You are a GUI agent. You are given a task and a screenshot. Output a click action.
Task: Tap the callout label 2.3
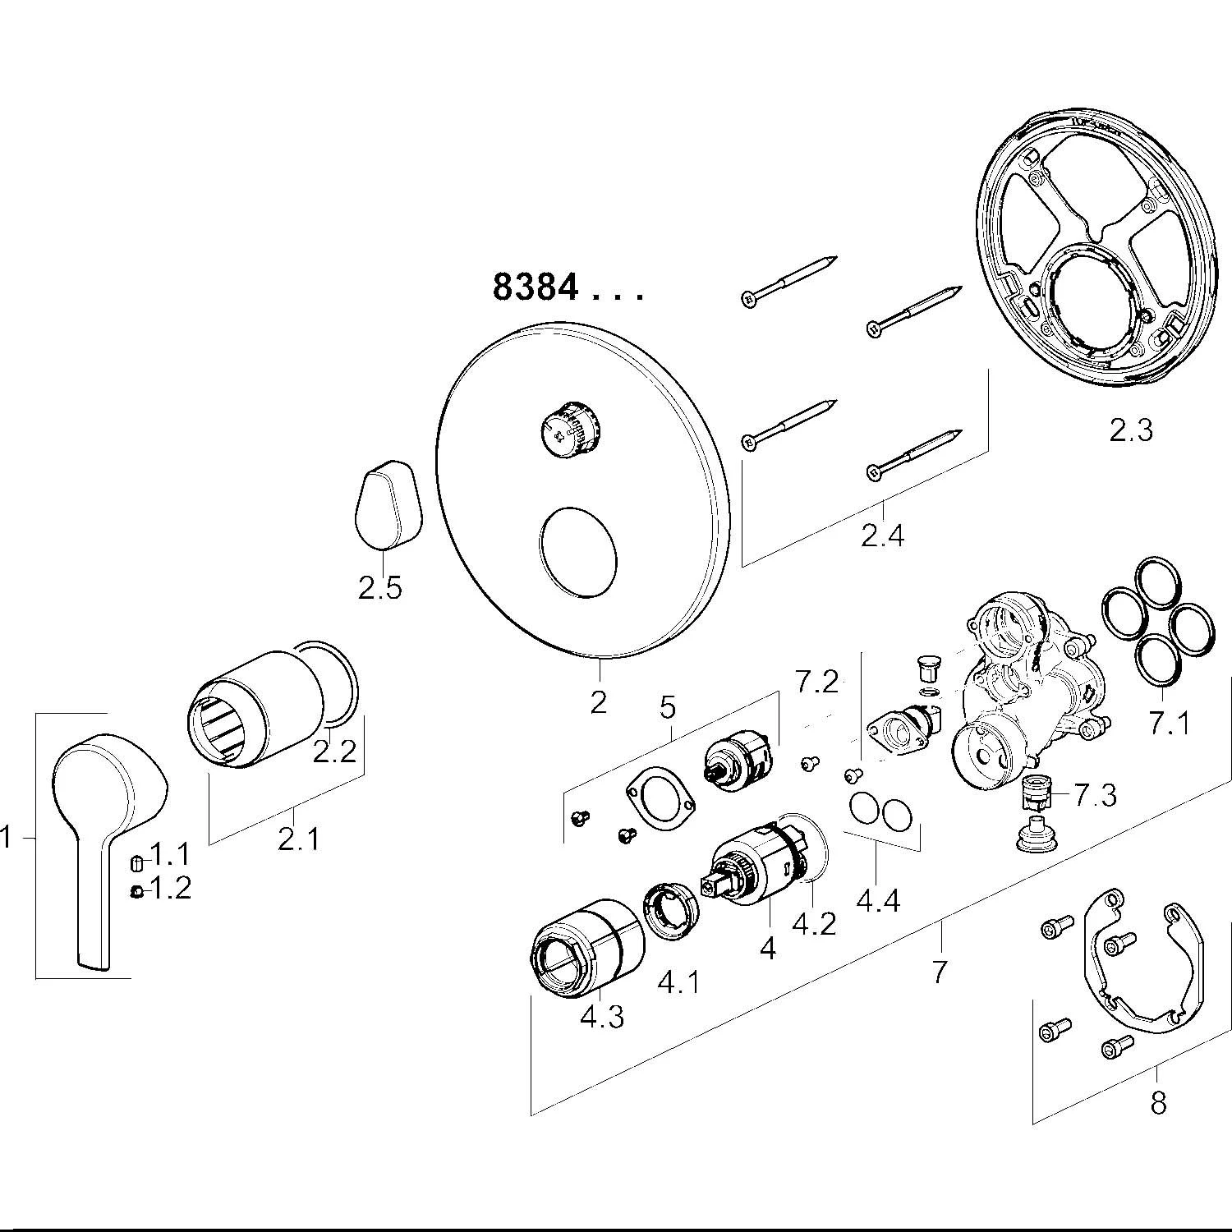[1131, 430]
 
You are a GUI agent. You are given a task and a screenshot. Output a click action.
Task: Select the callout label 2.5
[380, 588]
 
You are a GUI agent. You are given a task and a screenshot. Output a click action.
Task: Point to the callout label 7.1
[1168, 724]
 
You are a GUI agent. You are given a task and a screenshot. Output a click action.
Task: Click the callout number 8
[1158, 1102]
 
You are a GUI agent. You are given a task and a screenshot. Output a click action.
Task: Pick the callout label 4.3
[602, 1017]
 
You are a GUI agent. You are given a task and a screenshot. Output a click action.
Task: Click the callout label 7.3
[1096, 794]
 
